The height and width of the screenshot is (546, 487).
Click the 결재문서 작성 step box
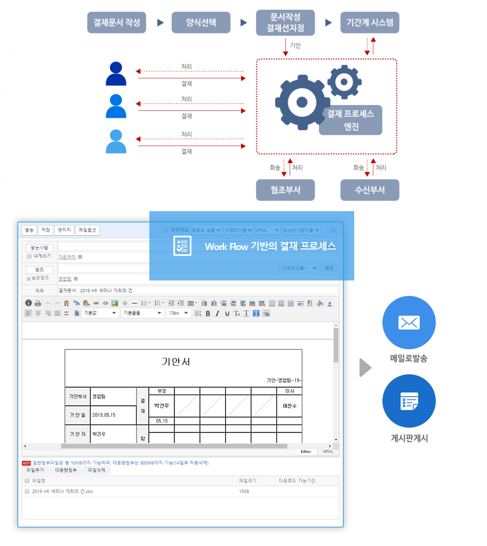[116, 22]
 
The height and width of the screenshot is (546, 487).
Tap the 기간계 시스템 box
[370, 22]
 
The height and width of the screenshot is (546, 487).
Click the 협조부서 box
[285, 190]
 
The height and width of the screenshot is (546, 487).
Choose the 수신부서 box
[370, 190]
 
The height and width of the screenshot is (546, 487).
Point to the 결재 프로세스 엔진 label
[350, 120]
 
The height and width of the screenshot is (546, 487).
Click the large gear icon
[301, 102]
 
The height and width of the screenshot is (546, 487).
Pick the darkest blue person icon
[116, 74]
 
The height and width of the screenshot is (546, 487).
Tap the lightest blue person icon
[116, 141]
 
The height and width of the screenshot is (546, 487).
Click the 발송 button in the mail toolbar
[29, 230]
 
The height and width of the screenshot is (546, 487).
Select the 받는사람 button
[39, 248]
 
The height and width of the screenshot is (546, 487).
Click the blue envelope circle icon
[409, 323]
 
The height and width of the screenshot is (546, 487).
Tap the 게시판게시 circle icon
[409, 401]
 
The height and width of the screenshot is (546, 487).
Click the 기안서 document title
[176, 362]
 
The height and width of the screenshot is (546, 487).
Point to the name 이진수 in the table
[289, 406]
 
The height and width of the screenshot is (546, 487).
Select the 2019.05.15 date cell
[104, 415]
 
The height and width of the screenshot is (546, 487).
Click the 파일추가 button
[35, 470]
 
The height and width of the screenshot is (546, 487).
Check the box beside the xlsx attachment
[27, 491]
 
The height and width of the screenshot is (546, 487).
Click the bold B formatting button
[208, 313]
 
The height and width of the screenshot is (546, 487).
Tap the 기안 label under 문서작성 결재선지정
[295, 46]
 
